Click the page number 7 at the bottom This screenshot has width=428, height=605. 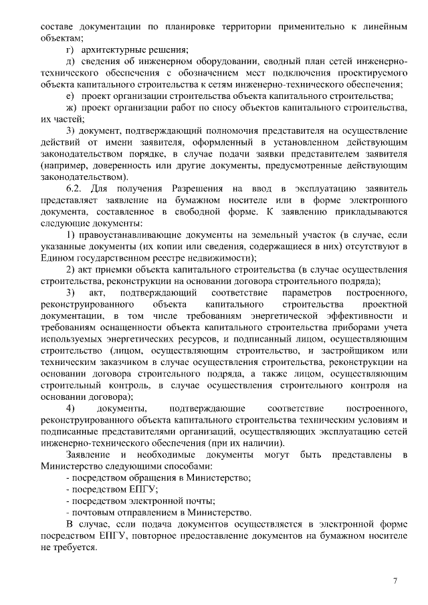click(395, 580)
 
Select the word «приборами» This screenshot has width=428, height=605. click(344, 327)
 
